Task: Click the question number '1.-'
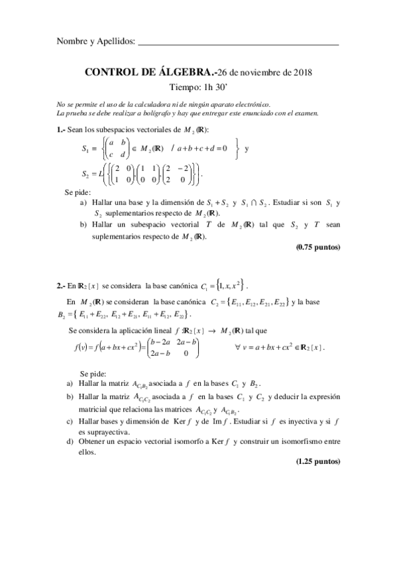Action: click(62, 130)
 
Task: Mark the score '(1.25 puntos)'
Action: click(318, 462)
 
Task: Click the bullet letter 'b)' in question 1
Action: click(84, 225)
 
